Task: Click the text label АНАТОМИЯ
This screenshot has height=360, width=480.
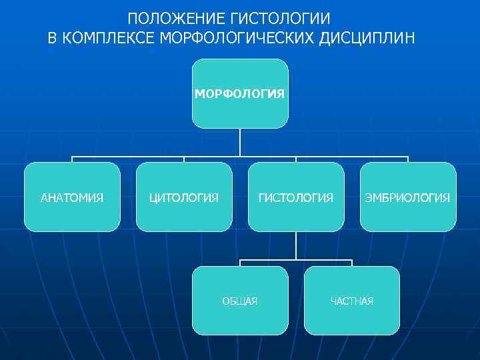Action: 72,198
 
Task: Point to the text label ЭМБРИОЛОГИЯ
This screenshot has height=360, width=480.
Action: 408,198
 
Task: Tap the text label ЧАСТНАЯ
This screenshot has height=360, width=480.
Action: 352,301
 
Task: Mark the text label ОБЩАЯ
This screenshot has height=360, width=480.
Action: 240,301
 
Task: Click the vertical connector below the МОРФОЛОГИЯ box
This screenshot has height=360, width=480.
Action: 240,142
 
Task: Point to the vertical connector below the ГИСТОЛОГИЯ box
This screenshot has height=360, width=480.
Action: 296,245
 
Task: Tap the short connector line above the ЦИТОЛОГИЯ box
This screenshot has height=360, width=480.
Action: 184,160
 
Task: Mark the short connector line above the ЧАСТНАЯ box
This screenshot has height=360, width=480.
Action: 352,263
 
